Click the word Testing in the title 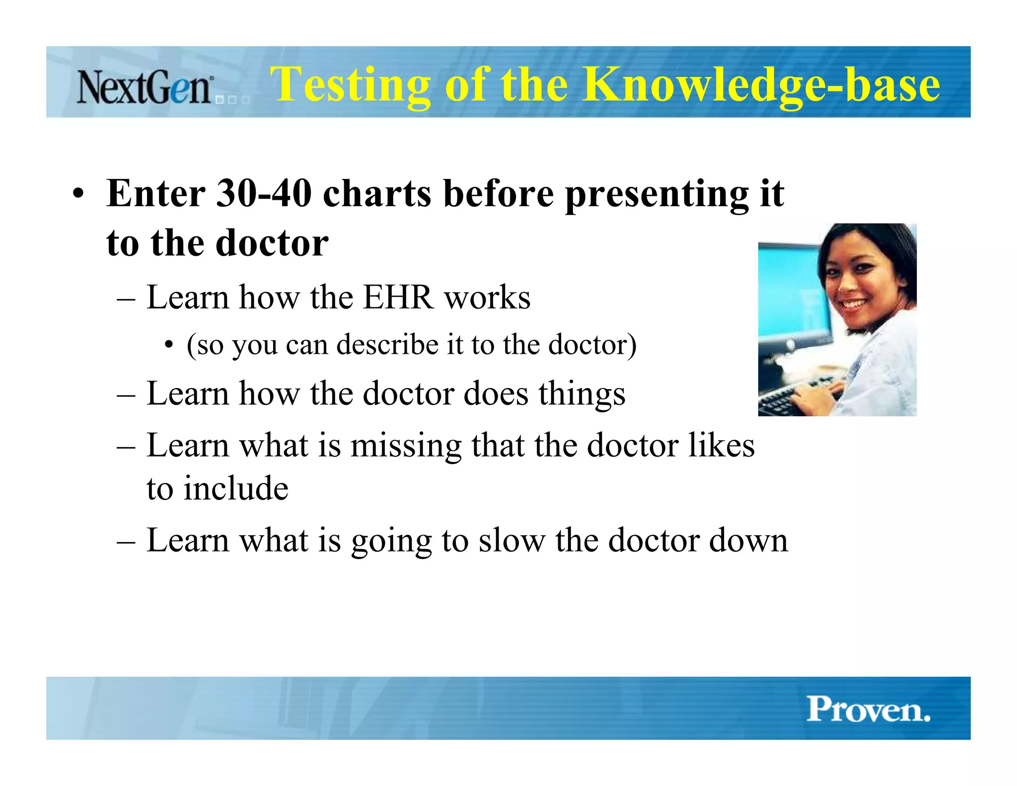350,85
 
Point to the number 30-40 264,193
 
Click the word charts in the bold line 377,193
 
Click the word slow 511,541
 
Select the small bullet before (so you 169,344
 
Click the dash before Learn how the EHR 126,299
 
